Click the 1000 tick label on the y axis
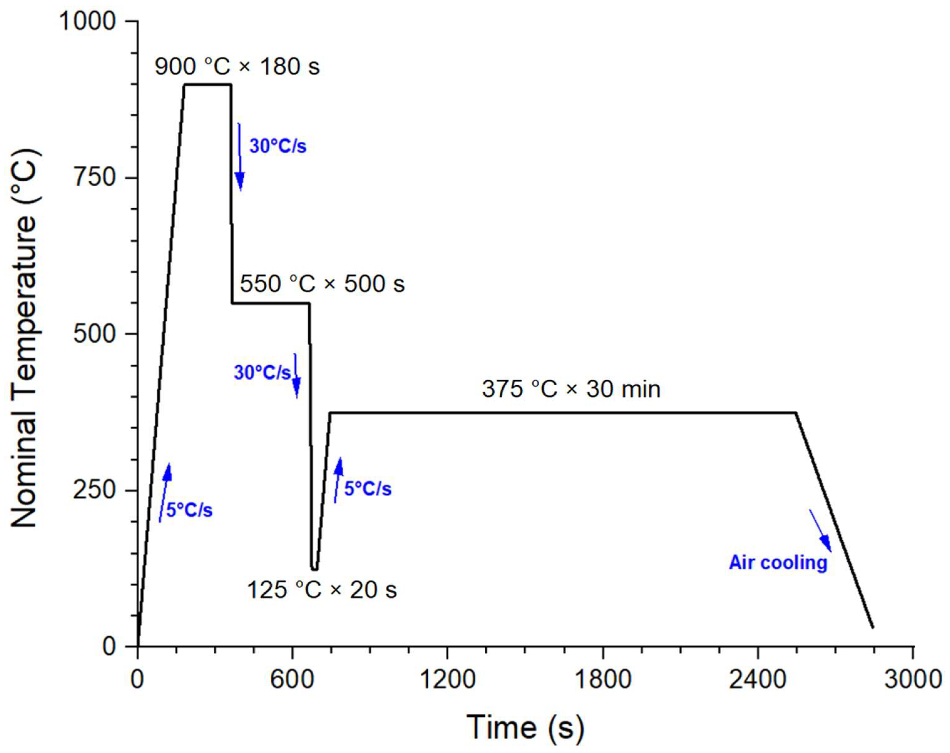(x=87, y=21)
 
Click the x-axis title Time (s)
(x=525, y=727)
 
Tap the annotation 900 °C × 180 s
(x=237, y=67)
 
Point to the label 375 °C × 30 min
(x=571, y=389)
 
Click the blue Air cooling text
(x=778, y=562)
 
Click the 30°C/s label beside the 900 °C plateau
(x=278, y=146)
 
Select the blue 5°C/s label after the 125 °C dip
(x=367, y=489)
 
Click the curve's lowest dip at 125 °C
(x=314, y=569)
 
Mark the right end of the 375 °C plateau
(x=796, y=413)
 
